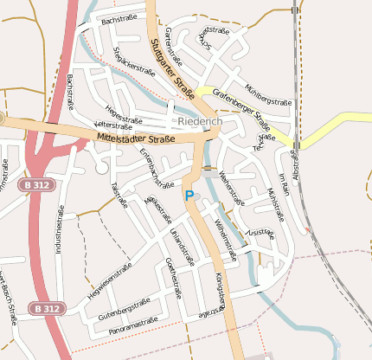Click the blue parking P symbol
point(189,196)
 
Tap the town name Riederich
point(200,122)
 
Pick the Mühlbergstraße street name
point(269,94)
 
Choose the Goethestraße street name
point(172,278)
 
